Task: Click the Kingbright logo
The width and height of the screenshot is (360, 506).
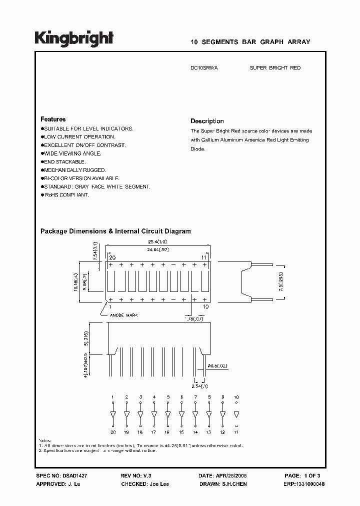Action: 74,38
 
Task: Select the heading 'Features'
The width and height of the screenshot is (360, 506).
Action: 53,119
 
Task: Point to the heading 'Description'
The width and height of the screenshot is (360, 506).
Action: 207,121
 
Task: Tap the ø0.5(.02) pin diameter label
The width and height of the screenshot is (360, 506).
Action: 217,366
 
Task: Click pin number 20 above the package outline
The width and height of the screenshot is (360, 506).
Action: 112,256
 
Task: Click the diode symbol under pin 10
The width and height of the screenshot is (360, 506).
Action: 236,415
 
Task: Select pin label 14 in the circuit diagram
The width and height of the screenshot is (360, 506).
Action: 195,431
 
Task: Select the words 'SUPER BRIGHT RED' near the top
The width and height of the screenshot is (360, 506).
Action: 275,68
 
